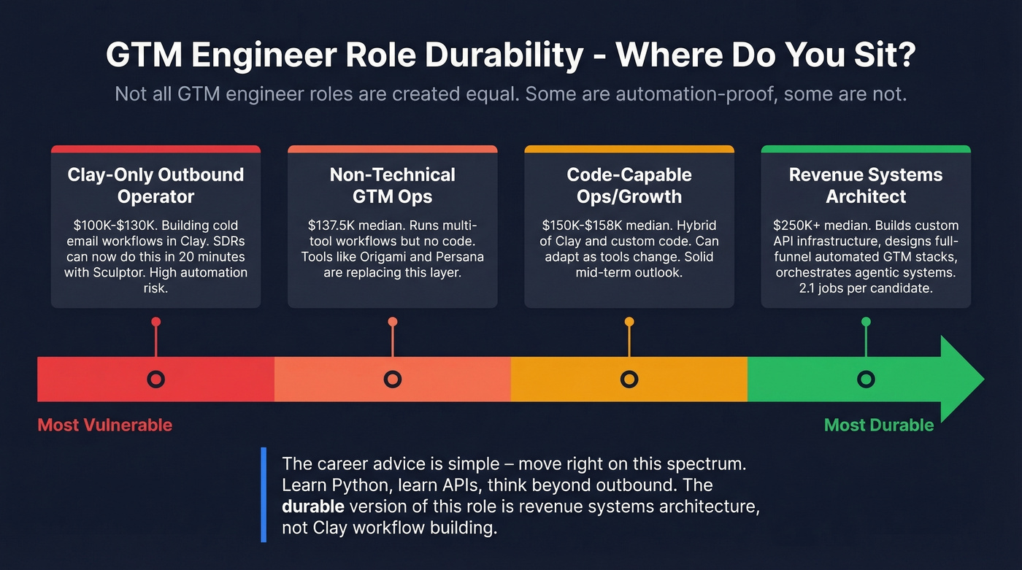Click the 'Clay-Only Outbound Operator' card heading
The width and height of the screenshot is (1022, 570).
tap(155, 185)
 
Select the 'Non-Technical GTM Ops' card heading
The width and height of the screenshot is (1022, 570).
tap(392, 185)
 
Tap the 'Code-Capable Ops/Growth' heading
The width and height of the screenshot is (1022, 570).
tap(629, 185)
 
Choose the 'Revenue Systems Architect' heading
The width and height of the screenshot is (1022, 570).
tap(866, 185)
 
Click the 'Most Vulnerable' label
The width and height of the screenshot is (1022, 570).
tap(104, 425)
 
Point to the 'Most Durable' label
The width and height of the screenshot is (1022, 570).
tap(879, 425)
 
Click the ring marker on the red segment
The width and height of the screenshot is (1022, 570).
tap(155, 379)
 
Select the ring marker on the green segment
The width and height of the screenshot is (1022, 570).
tap(866, 379)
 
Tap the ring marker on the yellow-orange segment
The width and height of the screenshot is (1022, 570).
tap(629, 379)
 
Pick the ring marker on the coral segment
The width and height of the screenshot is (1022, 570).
tap(392, 379)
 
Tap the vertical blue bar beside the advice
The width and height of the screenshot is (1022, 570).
tap(263, 495)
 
